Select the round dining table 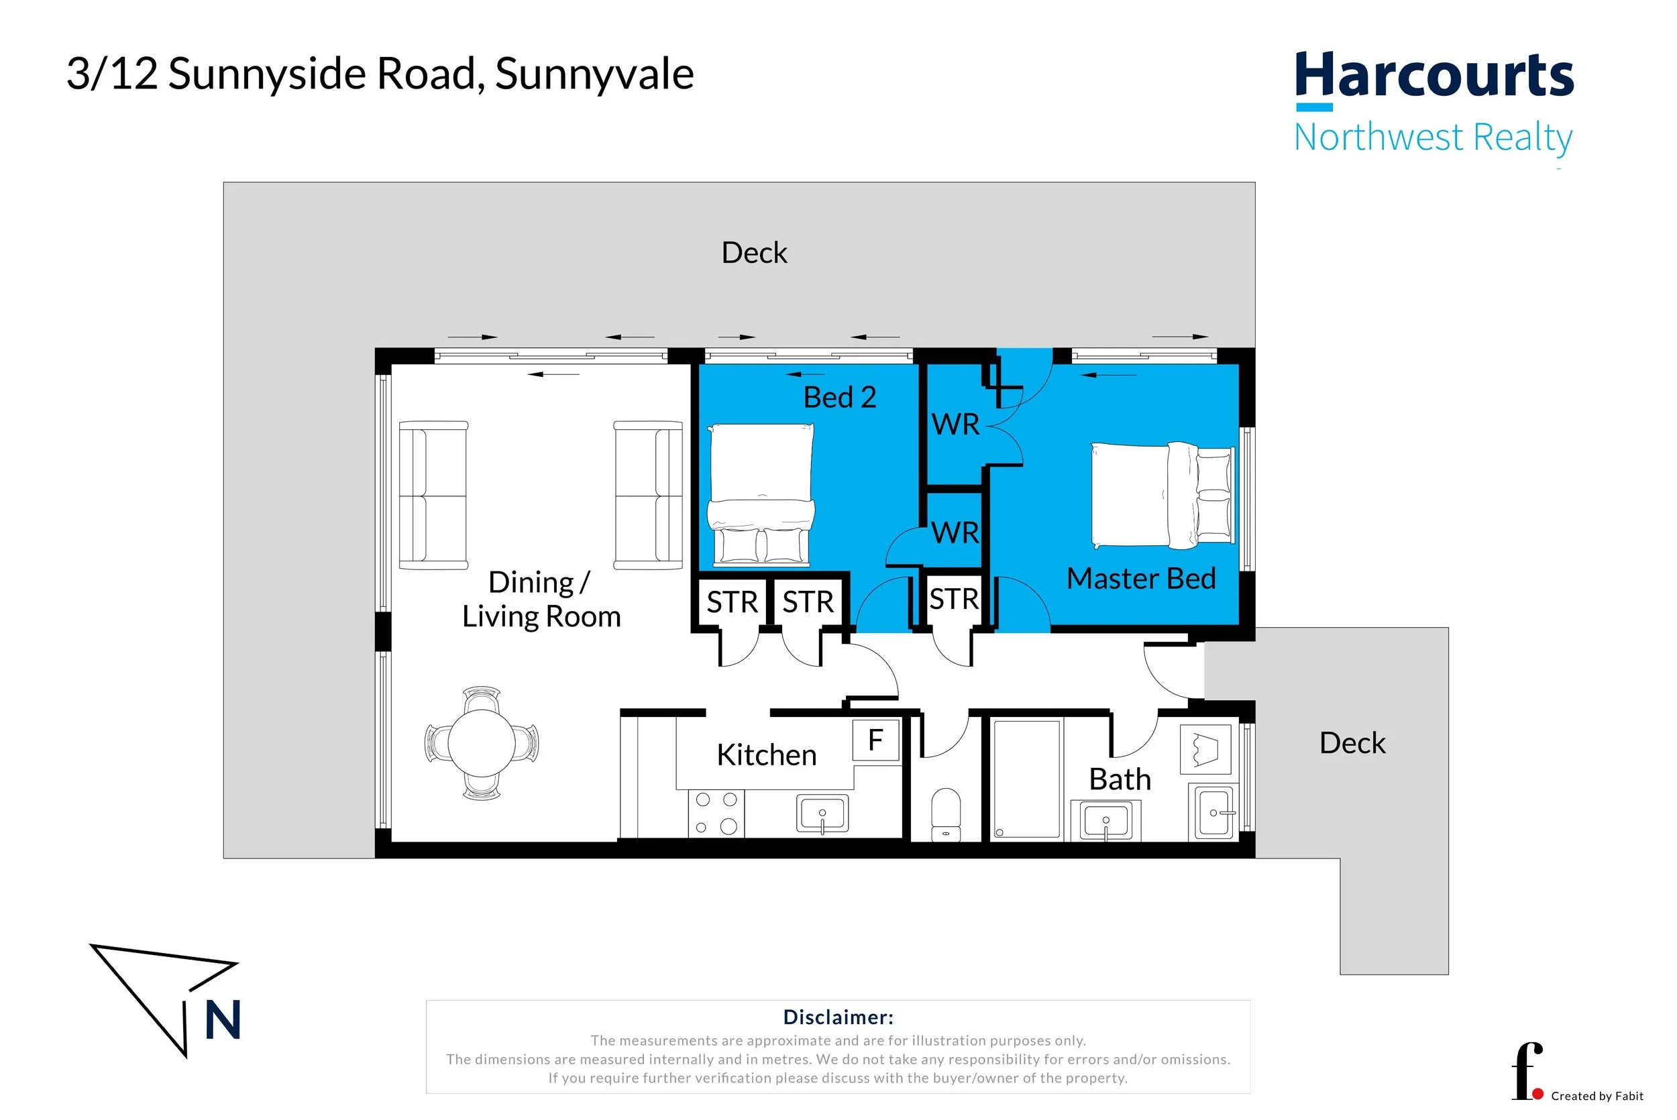(482, 743)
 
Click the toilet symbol (946, 814)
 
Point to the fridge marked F (876, 740)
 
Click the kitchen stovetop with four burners (716, 813)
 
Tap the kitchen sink (822, 813)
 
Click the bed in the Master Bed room (1162, 495)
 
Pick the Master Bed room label (1140, 578)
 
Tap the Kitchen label (766, 754)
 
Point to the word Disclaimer (838, 1017)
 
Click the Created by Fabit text (1597, 1096)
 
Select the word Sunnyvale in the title (594, 74)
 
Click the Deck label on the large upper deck (754, 252)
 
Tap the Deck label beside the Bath (1352, 743)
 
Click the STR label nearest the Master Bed (953, 599)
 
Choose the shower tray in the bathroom (1026, 779)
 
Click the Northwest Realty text (1433, 138)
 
